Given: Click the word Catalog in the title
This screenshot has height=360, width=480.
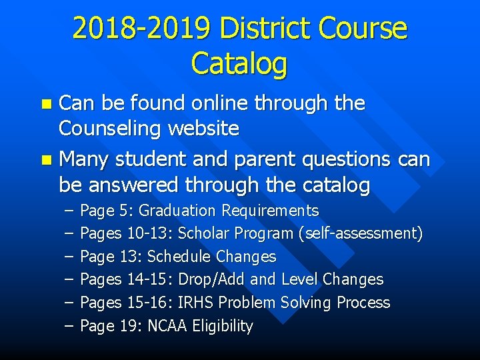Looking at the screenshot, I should [x=239, y=63].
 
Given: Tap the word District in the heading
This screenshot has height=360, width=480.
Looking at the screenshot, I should [x=265, y=29].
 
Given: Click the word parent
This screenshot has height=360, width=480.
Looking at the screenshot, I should [x=259, y=160].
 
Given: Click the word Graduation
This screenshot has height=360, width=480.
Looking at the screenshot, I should [x=177, y=211].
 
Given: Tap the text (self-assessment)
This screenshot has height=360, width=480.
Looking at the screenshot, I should [x=361, y=234].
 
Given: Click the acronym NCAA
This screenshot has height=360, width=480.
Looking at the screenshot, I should [x=167, y=326].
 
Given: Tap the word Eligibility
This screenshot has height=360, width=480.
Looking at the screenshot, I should [x=222, y=326].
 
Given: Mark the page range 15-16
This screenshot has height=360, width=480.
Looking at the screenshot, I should [x=149, y=303].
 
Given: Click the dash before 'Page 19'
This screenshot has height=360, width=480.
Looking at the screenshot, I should [x=69, y=326].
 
